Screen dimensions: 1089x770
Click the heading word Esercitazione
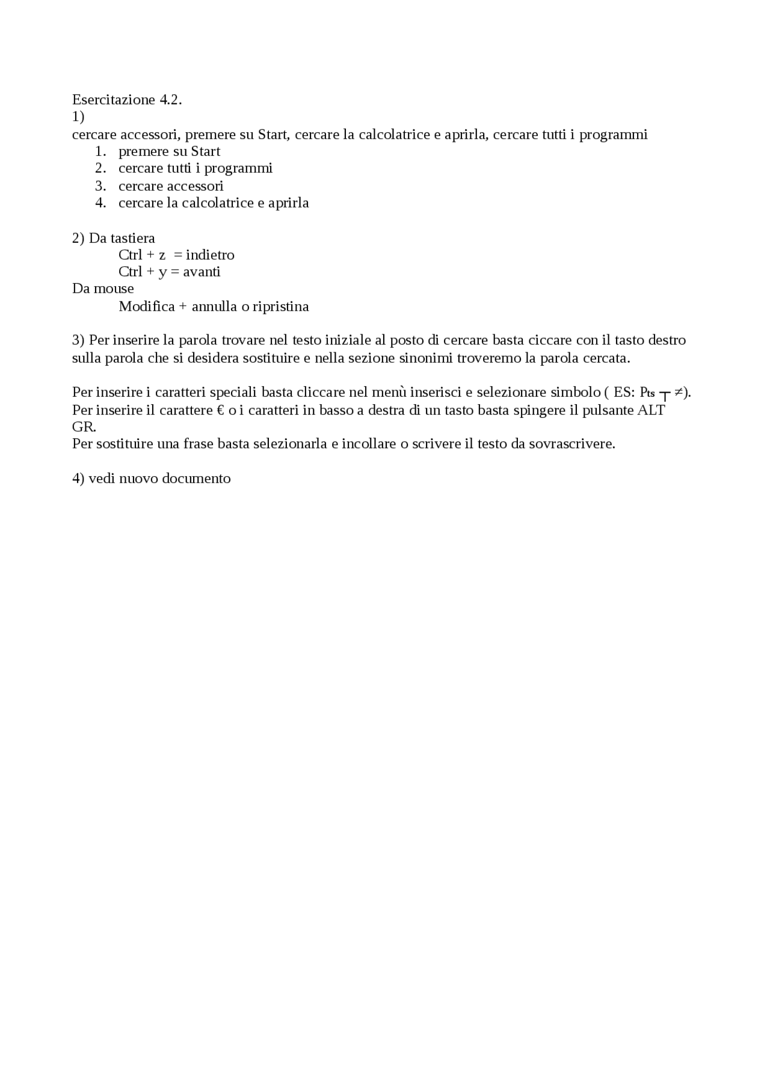click(114, 100)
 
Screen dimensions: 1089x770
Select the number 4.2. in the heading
click(171, 100)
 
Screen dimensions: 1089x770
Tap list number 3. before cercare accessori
click(100, 186)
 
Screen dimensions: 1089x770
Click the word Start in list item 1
click(205, 152)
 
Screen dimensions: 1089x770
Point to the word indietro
click(210, 255)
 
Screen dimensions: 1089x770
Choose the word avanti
click(202, 272)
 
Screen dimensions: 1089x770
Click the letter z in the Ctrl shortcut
click(162, 256)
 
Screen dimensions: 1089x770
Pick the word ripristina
click(281, 307)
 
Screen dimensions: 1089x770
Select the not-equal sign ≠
click(678, 392)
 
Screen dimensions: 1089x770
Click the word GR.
click(83, 427)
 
